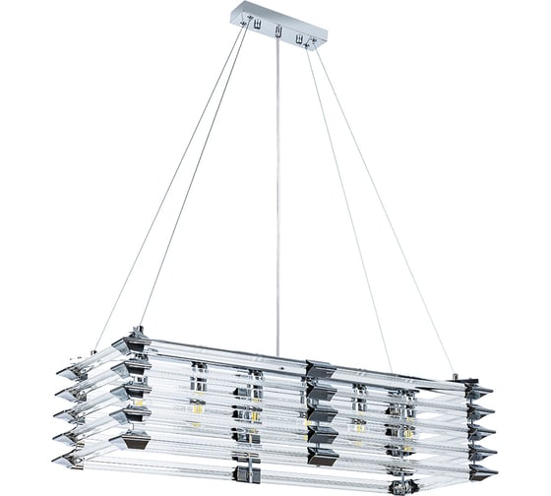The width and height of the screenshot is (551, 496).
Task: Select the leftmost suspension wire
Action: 167,187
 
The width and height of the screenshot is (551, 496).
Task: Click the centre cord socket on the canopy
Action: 278,32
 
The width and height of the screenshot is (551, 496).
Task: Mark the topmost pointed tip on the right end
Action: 482,391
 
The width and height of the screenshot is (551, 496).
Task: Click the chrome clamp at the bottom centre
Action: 247,473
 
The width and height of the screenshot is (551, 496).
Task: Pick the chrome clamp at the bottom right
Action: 400,485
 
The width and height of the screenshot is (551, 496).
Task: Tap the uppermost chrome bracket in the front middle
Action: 320,370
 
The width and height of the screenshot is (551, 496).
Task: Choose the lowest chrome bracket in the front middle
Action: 321,457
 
